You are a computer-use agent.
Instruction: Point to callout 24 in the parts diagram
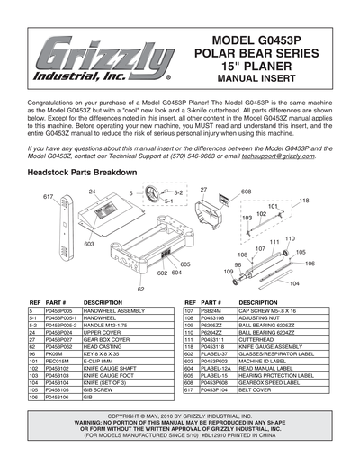click(92, 192)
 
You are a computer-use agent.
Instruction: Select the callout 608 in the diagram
click(246, 192)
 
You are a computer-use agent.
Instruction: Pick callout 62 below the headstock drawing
click(141, 289)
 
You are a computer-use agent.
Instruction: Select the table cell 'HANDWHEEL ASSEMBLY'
click(113, 310)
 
